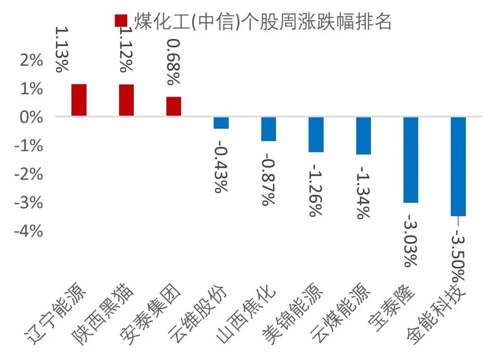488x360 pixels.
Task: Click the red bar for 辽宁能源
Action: coord(79,100)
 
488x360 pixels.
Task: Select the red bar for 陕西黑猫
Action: coord(127,100)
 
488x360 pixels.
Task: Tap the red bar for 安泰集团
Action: coord(174,107)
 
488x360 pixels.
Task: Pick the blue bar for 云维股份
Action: coord(221,123)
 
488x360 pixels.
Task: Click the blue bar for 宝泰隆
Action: coord(411,160)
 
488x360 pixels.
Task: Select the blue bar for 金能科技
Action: coord(458,166)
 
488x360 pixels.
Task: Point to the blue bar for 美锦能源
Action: coord(316,135)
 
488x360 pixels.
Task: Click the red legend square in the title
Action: coord(121,21)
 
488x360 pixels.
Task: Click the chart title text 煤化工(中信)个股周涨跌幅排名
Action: coord(262,21)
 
